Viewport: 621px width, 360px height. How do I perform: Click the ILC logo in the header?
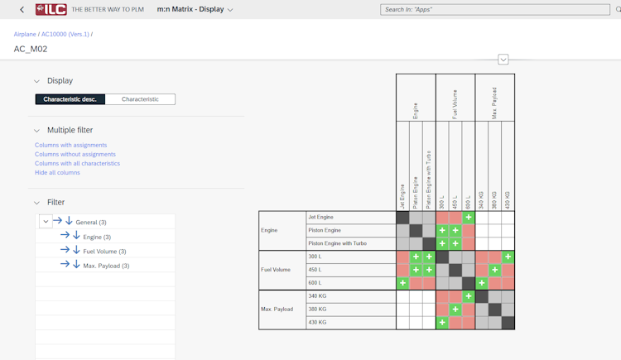[51, 10]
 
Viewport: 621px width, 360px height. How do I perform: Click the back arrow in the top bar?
[22, 10]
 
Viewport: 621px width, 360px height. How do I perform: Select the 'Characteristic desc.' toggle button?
[70, 99]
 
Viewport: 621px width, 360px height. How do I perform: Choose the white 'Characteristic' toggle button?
[140, 99]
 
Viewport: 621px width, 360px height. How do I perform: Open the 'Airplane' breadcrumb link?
[25, 34]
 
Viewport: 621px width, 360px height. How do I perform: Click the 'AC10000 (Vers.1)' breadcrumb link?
[65, 34]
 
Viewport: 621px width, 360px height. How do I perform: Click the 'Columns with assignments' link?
[70, 145]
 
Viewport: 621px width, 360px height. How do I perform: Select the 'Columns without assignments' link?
[75, 154]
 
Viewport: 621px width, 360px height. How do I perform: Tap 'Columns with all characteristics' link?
[77, 163]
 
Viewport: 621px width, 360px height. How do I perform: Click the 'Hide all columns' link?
[57, 172]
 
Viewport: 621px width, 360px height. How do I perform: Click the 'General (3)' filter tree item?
[91, 222]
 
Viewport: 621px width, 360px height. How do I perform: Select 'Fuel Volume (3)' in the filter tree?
[104, 251]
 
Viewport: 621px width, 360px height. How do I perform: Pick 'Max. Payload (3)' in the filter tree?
[106, 266]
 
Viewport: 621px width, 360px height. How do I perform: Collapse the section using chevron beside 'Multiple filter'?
[36, 130]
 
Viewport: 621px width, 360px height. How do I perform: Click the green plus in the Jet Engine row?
[469, 218]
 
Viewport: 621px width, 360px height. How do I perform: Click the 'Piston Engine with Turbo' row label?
[336, 243]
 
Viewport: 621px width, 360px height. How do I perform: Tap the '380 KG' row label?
[318, 309]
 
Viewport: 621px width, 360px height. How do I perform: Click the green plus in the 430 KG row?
[442, 322]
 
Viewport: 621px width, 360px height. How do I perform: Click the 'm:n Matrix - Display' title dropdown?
[195, 10]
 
